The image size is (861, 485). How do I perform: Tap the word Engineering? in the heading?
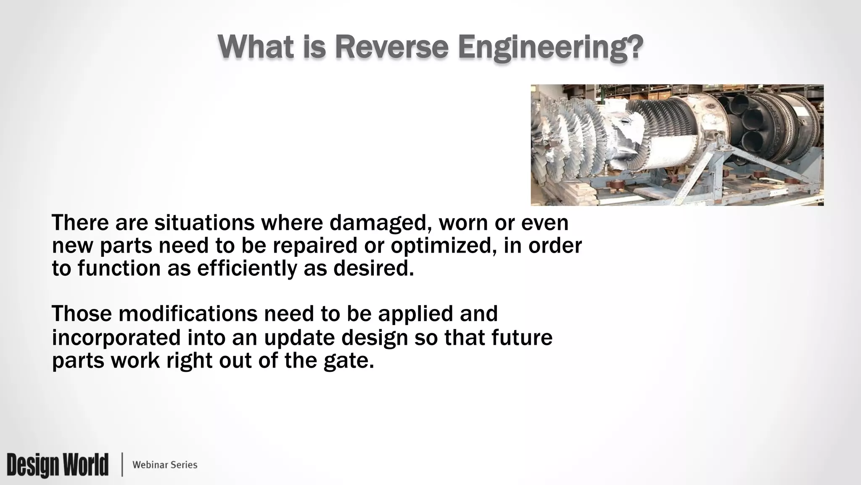(550, 48)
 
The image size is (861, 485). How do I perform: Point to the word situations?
(204, 223)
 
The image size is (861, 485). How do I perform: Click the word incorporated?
(116, 338)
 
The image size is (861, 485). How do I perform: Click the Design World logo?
(58, 465)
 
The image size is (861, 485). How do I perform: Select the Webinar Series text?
(165, 465)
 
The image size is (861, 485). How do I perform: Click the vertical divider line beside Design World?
(122, 465)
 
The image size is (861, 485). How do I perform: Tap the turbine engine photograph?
(677, 145)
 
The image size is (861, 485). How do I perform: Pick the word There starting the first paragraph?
(80, 223)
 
